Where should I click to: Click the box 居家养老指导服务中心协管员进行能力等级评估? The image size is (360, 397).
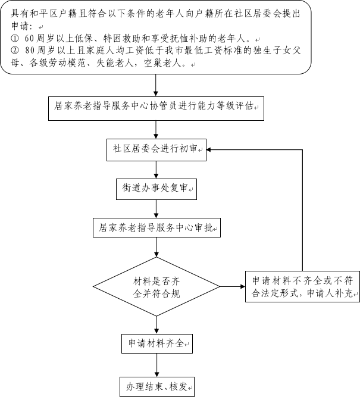coord(156,108)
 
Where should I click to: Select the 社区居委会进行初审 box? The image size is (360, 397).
coord(156,150)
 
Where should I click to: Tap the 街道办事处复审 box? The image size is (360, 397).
coord(156,189)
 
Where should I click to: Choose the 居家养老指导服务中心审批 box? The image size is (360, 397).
coord(156,227)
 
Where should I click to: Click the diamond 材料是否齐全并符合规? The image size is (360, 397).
coord(156,287)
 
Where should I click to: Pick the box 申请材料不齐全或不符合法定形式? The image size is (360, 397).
coord(302,287)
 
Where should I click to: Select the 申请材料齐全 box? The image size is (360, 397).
coord(157,343)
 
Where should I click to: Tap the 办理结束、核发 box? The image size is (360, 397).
coord(157,387)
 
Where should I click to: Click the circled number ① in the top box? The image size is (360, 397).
coord(15,39)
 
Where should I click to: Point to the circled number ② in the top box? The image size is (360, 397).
coord(15,51)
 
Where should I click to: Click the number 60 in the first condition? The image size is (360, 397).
coord(29,39)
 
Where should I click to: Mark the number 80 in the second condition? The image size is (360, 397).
coord(29,51)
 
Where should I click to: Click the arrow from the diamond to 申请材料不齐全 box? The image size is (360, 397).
coord(233,287)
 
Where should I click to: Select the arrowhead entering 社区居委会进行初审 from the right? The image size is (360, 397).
coord(209,149)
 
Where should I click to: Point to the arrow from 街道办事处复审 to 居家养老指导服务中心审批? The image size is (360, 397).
coord(156,209)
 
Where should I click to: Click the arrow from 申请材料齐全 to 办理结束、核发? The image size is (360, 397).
coord(157,365)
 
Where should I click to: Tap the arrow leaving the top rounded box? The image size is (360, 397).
coord(156,85)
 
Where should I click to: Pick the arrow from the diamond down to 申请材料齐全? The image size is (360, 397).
coord(156,325)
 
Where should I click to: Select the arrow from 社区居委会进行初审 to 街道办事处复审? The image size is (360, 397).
coord(156,170)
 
